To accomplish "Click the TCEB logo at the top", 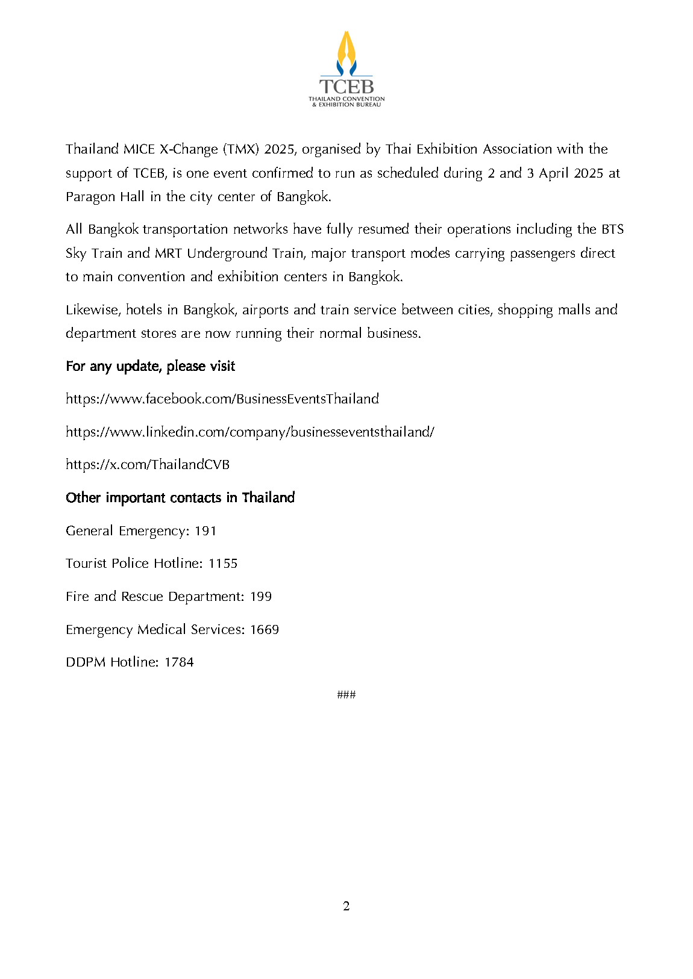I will point(346,69).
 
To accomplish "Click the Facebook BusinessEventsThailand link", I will point(222,399).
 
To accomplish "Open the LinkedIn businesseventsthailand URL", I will point(249,432).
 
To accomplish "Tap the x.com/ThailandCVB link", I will point(148,464).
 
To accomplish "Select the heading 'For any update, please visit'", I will point(150,366).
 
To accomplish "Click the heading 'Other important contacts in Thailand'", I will point(180,497).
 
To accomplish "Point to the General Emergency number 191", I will point(205,530).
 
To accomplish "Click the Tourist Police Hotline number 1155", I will point(223,563).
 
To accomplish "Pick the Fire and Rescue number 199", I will point(261,596).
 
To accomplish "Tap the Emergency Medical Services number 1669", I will point(265,629).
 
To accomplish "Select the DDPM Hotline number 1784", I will point(179,662).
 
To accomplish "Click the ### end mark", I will point(346,694).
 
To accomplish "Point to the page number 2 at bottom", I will point(346,906).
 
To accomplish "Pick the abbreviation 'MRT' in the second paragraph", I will point(168,253).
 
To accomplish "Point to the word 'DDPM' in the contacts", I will point(86,662).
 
